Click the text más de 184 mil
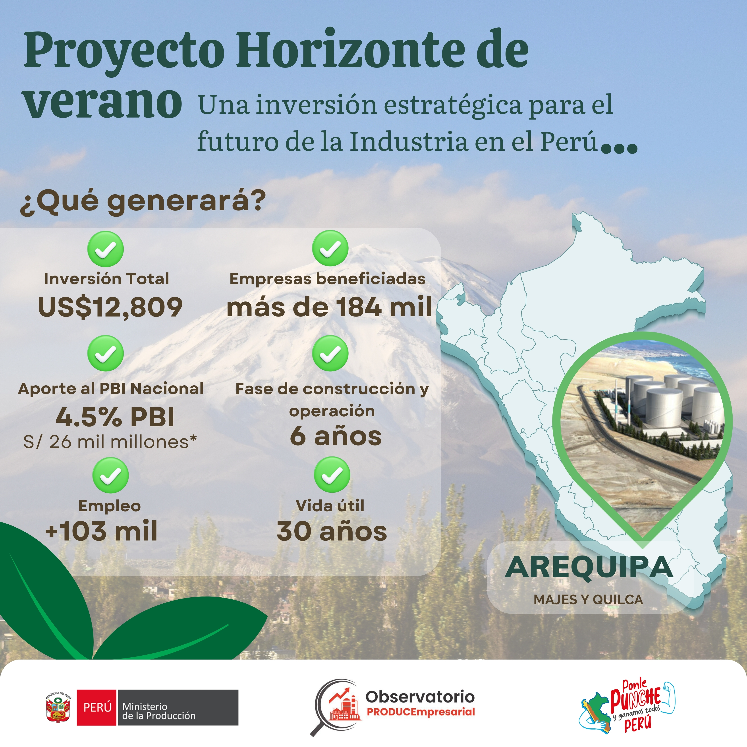click(329, 307)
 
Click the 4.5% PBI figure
click(115, 417)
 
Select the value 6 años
click(336, 436)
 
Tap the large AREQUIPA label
click(589, 567)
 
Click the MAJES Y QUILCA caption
click(588, 600)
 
